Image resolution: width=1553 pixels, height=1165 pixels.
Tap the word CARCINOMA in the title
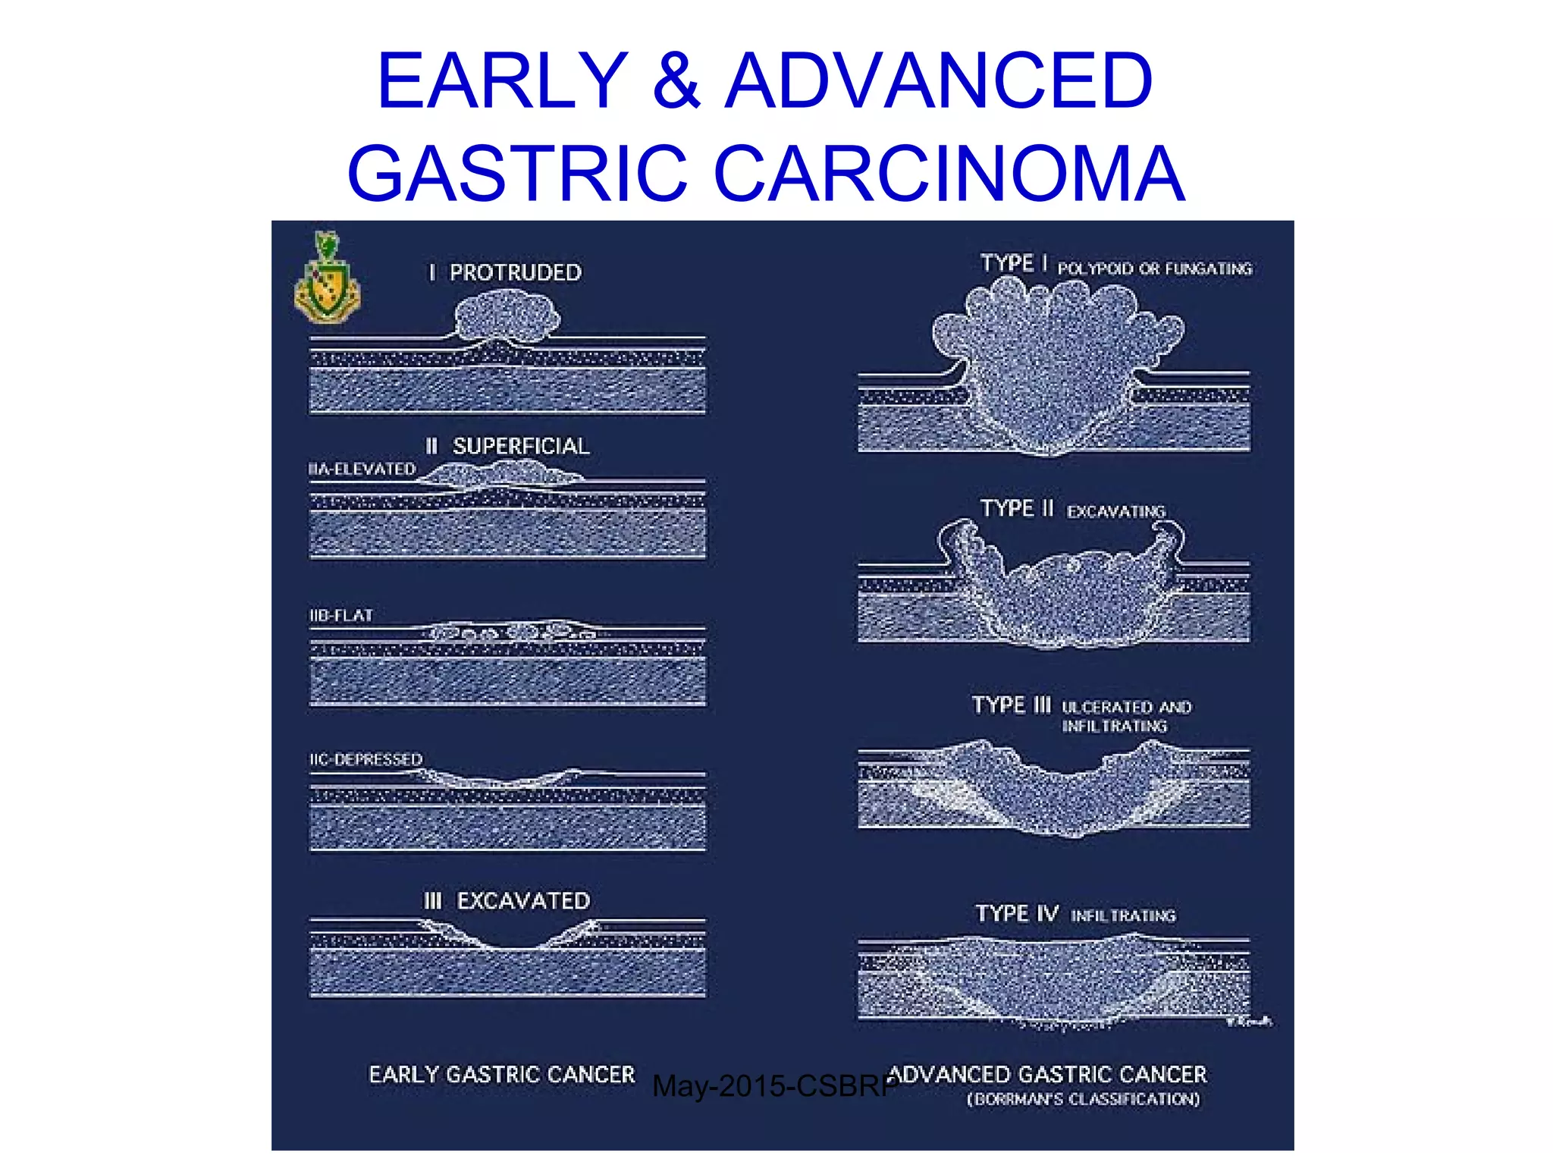point(949,174)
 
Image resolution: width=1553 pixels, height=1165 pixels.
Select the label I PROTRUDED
point(505,273)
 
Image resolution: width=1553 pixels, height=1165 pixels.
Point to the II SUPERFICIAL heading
point(507,446)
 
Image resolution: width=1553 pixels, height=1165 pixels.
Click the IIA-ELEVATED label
point(362,469)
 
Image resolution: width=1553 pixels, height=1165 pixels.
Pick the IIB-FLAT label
point(341,616)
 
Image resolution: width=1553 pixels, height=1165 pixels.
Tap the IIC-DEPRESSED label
point(366,759)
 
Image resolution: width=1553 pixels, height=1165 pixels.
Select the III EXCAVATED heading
point(507,901)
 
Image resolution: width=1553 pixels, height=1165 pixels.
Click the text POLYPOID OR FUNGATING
point(1154,269)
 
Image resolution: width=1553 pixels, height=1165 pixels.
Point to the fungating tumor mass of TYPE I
point(1054,356)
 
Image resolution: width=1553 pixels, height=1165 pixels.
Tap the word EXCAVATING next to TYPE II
point(1115,512)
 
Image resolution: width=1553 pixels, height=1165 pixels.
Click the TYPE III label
point(1012,705)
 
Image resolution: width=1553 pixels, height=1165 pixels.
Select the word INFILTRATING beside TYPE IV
point(1123,916)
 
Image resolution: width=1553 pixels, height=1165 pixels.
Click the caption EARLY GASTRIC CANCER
point(501,1075)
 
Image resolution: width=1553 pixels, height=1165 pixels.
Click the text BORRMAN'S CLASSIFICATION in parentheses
point(1083,1100)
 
